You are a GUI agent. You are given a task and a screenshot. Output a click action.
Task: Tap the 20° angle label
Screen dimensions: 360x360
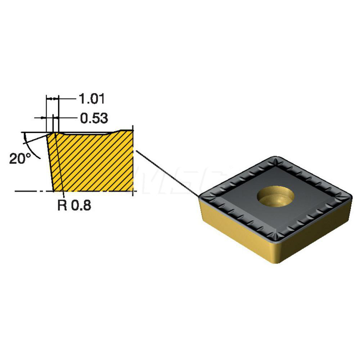20,159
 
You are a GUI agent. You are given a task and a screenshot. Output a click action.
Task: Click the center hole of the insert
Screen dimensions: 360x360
275,197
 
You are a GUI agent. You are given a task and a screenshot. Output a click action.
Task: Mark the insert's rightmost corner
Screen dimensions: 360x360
351,197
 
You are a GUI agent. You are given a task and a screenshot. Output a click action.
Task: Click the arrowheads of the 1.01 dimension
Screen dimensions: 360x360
52,99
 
